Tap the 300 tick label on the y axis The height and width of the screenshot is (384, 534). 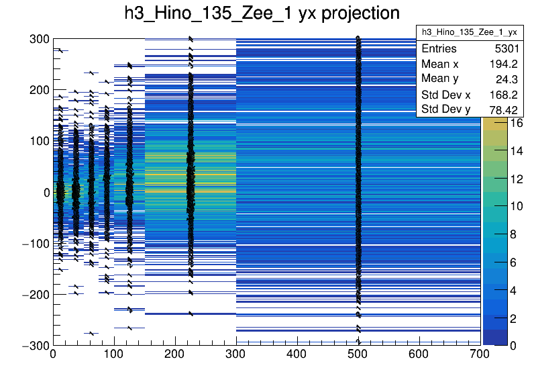tap(39, 39)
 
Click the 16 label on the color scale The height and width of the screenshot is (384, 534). tap(516, 124)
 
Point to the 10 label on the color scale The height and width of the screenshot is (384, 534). tap(516, 207)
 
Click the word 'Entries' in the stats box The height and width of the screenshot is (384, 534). tap(439, 49)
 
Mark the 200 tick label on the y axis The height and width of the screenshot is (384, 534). tap(39, 90)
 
